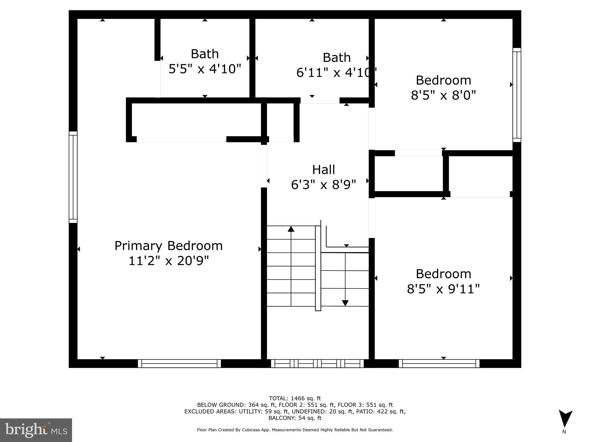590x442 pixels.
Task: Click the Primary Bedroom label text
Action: coord(169,246)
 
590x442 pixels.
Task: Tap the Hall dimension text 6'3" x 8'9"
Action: coord(324,185)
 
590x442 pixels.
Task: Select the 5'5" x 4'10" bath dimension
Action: coord(205,69)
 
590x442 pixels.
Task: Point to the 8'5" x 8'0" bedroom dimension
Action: coord(443,95)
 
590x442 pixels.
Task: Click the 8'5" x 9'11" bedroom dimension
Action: coord(443,289)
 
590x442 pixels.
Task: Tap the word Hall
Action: coord(324,170)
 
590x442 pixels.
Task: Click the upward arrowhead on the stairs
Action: coord(291,229)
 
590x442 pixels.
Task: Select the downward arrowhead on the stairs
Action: coord(345,303)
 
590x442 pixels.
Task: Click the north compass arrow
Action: coord(565,419)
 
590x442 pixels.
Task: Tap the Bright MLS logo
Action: coord(36,430)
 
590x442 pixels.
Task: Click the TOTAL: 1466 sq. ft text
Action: coord(295,399)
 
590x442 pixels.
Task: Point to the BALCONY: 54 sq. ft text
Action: coord(295,418)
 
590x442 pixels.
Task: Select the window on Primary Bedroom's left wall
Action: coord(73,177)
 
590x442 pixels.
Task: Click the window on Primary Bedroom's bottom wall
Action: coord(179,363)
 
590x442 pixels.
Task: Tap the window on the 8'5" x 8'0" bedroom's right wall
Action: coord(517,95)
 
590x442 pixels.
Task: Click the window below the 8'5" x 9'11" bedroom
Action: coord(439,363)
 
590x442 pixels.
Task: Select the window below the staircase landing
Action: coord(317,363)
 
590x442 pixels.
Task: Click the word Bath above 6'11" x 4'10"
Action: coord(336,58)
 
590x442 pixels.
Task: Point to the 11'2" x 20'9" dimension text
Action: coord(169,261)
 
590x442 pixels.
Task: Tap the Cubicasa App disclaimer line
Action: coord(295,430)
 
